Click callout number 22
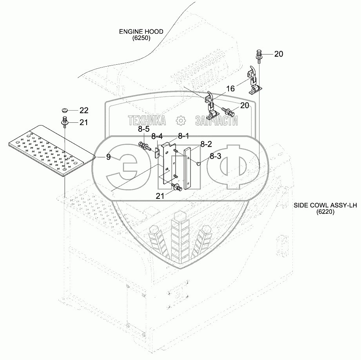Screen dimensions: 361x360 84,110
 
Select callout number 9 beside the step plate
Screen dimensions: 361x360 108,157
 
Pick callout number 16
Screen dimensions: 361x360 230,89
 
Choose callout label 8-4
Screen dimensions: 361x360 157,136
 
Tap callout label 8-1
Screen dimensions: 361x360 183,136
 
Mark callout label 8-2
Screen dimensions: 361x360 206,144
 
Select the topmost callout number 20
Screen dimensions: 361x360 278,54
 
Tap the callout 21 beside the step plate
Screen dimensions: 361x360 84,122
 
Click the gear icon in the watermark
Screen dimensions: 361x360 181,120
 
